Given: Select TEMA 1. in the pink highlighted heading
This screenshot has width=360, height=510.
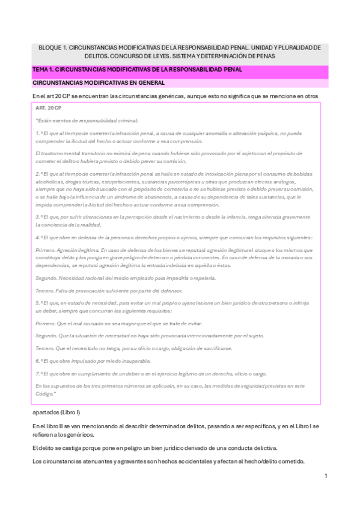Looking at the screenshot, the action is [x=44, y=70].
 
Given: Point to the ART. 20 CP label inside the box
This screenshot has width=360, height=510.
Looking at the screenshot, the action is [x=49, y=107].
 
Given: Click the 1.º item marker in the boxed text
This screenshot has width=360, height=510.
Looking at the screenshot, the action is [x=40, y=133].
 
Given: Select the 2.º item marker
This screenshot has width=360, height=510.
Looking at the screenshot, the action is [x=40, y=173].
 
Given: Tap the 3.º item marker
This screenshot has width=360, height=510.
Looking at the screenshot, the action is [x=40, y=217].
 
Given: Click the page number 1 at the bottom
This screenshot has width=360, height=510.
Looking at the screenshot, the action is [x=325, y=476].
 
